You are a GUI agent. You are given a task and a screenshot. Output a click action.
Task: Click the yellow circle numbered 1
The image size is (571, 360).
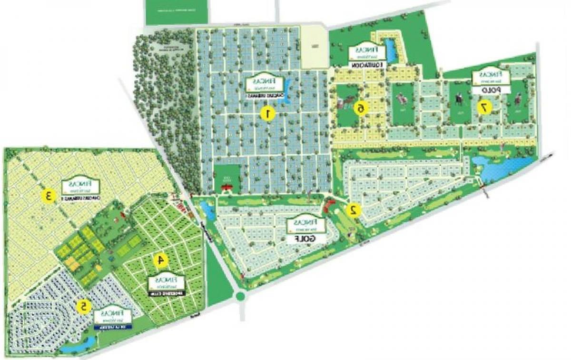click(269, 114)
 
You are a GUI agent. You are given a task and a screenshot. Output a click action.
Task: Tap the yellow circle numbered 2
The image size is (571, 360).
click(353, 210)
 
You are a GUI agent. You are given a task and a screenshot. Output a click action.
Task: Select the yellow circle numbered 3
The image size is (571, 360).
click(48, 195)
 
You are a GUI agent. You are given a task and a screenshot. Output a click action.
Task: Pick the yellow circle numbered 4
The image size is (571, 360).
click(161, 260)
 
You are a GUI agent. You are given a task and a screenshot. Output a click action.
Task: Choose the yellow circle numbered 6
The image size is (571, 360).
click(361, 109)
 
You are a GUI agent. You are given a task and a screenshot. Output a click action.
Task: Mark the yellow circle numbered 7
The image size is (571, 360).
click(484, 108)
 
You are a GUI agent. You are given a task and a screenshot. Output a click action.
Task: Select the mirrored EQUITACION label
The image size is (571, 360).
click(368, 64)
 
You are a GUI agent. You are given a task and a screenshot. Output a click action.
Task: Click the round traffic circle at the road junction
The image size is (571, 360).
click(240, 296)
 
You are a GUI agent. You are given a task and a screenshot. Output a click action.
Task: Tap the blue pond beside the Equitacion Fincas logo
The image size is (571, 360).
click(390, 48)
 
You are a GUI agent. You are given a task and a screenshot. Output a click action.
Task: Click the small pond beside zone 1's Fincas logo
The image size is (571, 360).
click(288, 86)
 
